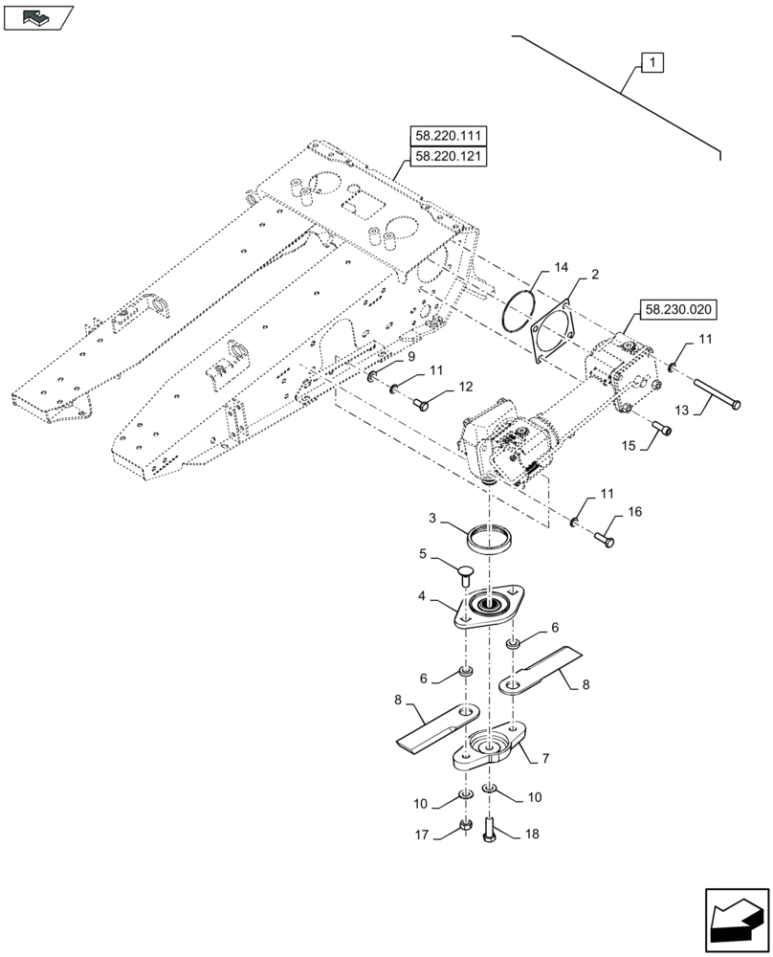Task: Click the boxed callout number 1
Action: pyautogui.click(x=651, y=64)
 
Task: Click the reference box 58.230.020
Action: pyautogui.click(x=675, y=310)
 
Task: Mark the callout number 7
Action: pyautogui.click(x=544, y=759)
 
